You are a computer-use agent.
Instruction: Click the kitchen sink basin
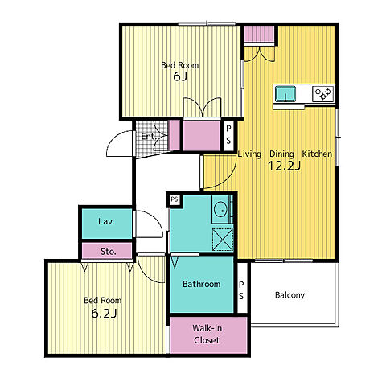tap(285, 94)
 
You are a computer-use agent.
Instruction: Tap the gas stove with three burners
tap(323, 93)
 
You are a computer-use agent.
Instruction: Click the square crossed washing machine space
tap(223, 240)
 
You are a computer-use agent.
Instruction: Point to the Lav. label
tap(106, 221)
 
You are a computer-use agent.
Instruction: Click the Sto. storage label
tap(109, 252)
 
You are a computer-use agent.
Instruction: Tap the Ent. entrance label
tap(148, 137)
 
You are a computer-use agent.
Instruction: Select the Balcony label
tap(289, 295)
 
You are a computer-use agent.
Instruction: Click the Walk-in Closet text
tap(207, 334)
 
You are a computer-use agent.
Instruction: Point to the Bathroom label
tap(202, 284)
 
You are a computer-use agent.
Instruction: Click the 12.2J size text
tap(284, 166)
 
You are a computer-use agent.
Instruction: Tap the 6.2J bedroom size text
tap(104, 313)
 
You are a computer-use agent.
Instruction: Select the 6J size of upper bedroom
tap(180, 76)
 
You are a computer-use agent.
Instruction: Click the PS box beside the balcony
tap(241, 290)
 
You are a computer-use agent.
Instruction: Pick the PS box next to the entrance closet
tap(228, 135)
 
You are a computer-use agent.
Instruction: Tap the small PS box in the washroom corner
tap(175, 199)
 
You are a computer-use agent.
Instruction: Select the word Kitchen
tap(317, 154)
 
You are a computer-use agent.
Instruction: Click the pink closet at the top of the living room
tap(260, 34)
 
